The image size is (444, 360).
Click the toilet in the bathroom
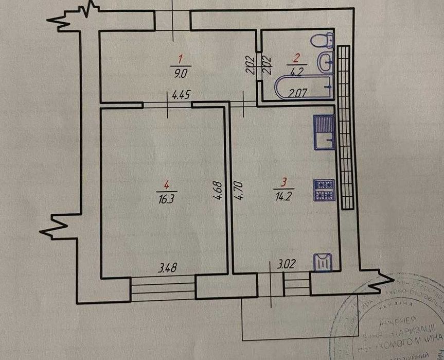point(324,40)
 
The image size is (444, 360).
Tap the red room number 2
point(296,58)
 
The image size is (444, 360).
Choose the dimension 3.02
point(286,267)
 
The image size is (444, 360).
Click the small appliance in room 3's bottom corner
point(324,262)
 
